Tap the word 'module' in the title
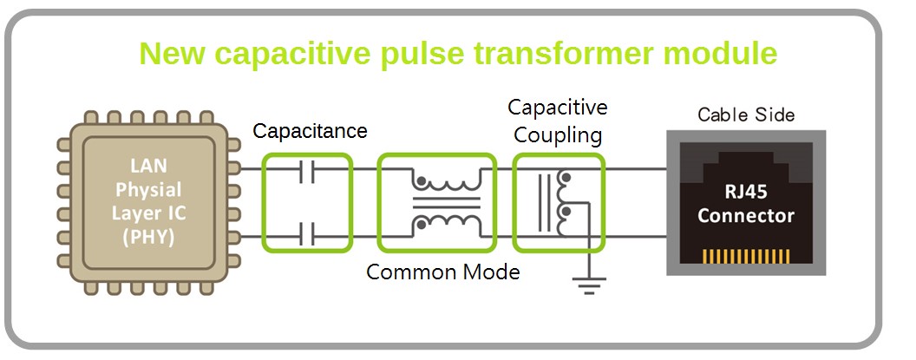click(x=719, y=54)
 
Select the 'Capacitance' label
click(x=310, y=131)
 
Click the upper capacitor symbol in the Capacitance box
click(x=308, y=174)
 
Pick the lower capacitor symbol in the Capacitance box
click(x=308, y=232)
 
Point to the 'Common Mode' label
click(x=442, y=272)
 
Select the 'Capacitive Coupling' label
click(x=558, y=121)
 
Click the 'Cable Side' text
click(x=745, y=115)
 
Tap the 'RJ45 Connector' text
click(x=745, y=204)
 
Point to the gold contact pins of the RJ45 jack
click(x=745, y=257)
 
